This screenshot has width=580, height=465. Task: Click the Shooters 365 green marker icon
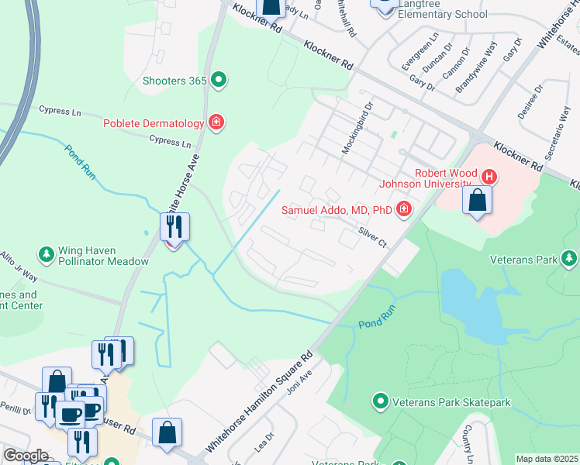[219, 80]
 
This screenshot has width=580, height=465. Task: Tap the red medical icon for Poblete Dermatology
[216, 122]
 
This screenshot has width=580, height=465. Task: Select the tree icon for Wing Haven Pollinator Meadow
[47, 253]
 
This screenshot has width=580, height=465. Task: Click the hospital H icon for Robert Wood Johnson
[489, 177]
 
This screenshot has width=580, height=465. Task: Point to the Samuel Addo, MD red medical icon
[403, 208]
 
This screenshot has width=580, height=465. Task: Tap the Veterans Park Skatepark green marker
[380, 402]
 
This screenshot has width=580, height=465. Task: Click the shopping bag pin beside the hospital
[477, 201]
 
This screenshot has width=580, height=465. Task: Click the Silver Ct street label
[372, 238]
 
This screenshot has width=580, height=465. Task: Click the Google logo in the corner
[26, 456]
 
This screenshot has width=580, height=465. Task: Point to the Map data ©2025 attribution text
[547, 459]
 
